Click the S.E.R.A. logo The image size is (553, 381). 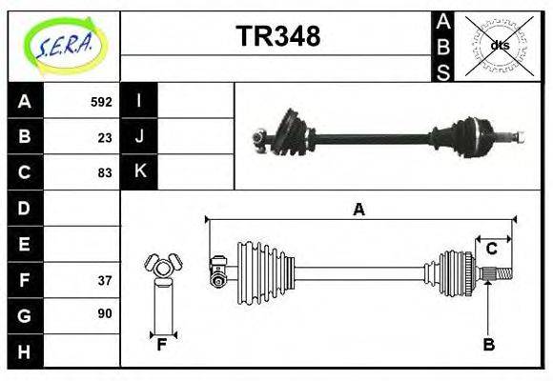tap(64, 45)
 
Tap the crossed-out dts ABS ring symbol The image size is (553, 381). tap(499, 45)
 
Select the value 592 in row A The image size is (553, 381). tap(101, 102)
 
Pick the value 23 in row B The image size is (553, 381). tap(105, 137)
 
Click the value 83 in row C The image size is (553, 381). tap(105, 173)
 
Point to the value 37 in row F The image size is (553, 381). tap(105, 280)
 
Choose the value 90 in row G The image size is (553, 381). tap(105, 314)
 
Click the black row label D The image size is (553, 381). tap(25, 208)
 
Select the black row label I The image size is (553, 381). tap(139, 101)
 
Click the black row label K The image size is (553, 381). tap(139, 172)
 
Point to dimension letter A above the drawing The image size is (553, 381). tap(358, 210)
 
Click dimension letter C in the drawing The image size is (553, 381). tap(492, 249)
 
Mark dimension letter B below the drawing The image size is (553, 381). tap(488, 345)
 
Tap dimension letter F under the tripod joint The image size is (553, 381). tap(162, 345)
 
